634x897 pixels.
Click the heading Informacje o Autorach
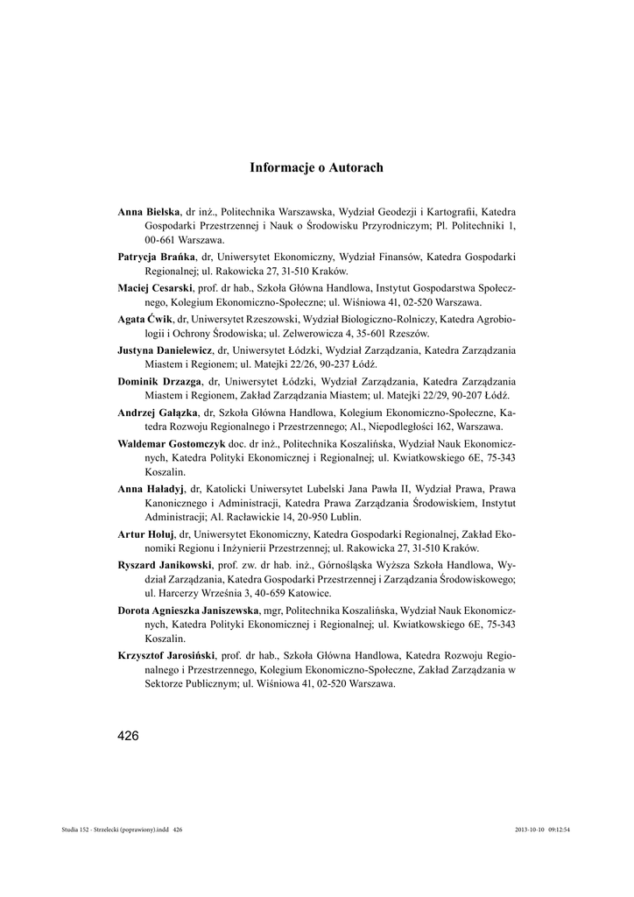pyautogui.click(x=316, y=166)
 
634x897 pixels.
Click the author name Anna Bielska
pyautogui.click(x=149, y=212)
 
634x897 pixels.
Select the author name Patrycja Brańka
pyautogui.click(x=156, y=258)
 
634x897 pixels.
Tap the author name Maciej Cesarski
pyautogui.click(x=155, y=287)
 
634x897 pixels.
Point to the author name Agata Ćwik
pyautogui.click(x=146, y=318)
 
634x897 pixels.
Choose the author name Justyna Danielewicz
pyautogui.click(x=165, y=349)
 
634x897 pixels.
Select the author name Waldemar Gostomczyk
pyautogui.click(x=172, y=442)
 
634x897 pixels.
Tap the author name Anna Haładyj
pyautogui.click(x=151, y=487)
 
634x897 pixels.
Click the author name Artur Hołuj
pyautogui.click(x=146, y=533)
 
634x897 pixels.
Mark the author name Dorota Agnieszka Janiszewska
pyautogui.click(x=188, y=609)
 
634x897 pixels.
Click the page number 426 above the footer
pyautogui.click(x=128, y=735)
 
